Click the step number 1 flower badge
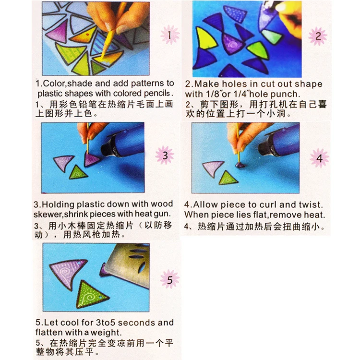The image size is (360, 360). click(168, 35)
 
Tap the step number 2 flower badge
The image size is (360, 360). click(317, 36)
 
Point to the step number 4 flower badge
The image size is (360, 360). click(319, 158)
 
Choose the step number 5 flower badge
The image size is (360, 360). click(169, 279)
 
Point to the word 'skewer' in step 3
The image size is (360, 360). click(48, 214)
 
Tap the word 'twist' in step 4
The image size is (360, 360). click(312, 204)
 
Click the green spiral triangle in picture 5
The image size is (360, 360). click(91, 294)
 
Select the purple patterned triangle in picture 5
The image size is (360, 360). click(67, 267)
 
